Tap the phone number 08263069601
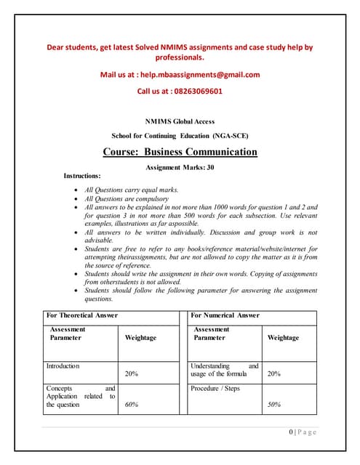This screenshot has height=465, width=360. point(197,92)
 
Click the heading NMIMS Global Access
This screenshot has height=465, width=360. point(180,121)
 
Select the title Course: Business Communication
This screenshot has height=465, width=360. point(180,152)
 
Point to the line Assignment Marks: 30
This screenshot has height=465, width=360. point(180,167)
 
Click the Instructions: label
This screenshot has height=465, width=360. point(82,176)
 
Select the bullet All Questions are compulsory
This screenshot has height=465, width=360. point(127,198)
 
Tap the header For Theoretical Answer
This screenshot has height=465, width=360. point(81,315)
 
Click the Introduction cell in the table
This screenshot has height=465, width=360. point(63,366)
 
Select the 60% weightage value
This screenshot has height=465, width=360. point(132,405)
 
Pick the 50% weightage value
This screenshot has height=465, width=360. point(274,405)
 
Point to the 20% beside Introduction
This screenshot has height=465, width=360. point(132,374)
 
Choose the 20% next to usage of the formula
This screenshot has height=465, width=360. point(274,374)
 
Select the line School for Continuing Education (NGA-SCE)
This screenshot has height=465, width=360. point(180,136)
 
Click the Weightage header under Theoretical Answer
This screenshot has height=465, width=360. point(140,338)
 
